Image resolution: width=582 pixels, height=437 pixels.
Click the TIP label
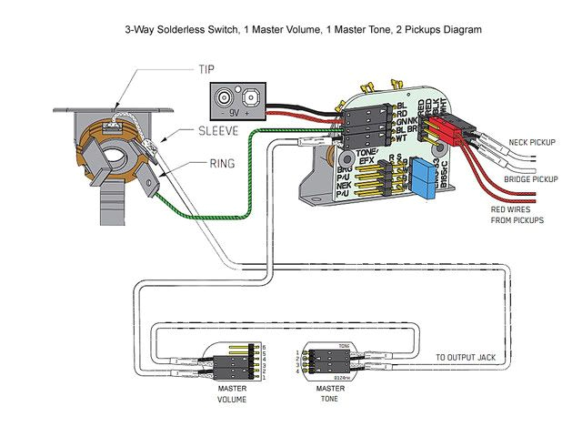click(x=207, y=69)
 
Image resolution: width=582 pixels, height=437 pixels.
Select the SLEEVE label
click(x=218, y=131)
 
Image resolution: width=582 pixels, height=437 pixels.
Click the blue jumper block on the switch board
click(x=422, y=178)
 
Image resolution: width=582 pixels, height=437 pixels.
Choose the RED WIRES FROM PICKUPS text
click(x=516, y=215)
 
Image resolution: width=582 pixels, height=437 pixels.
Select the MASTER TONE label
click(x=330, y=393)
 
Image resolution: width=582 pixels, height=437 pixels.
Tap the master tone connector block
click(x=327, y=362)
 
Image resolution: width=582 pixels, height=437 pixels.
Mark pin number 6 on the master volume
click(x=264, y=347)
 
